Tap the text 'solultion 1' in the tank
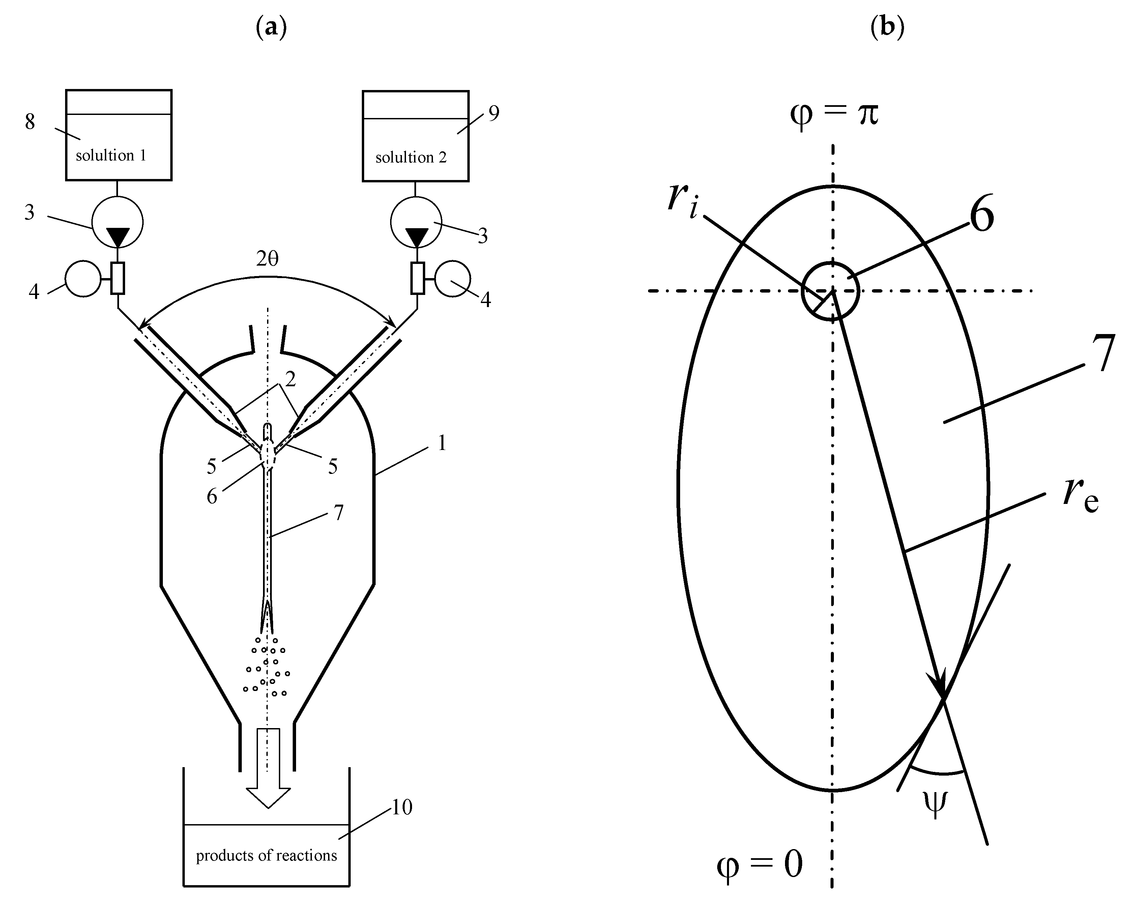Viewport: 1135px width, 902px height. (x=111, y=156)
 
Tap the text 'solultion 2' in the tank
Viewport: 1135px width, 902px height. (x=411, y=157)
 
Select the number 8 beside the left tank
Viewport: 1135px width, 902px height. (x=30, y=122)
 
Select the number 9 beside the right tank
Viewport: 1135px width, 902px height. (x=493, y=113)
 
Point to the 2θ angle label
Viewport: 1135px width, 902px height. (x=267, y=259)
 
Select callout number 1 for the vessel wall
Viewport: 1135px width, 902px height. (x=442, y=444)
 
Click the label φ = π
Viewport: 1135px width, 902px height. (x=835, y=115)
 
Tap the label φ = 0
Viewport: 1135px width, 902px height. (x=760, y=865)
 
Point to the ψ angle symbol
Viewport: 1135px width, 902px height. (x=935, y=804)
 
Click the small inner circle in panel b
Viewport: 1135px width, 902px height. (x=830, y=291)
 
